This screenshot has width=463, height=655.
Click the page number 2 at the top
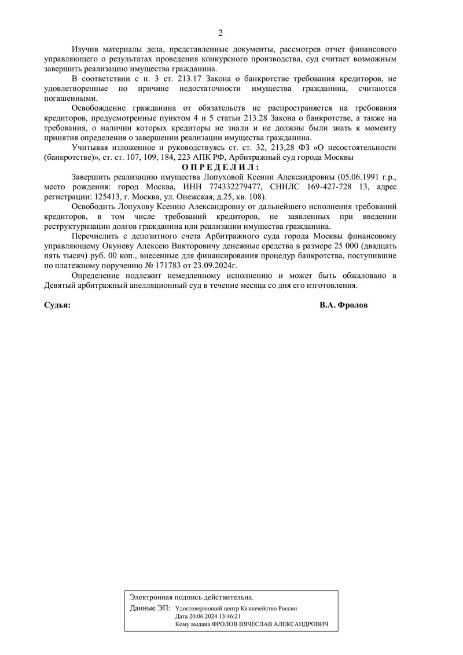(220, 32)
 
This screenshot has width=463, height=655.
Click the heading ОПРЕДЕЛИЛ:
(220, 166)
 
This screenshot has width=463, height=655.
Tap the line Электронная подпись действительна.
(192, 597)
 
